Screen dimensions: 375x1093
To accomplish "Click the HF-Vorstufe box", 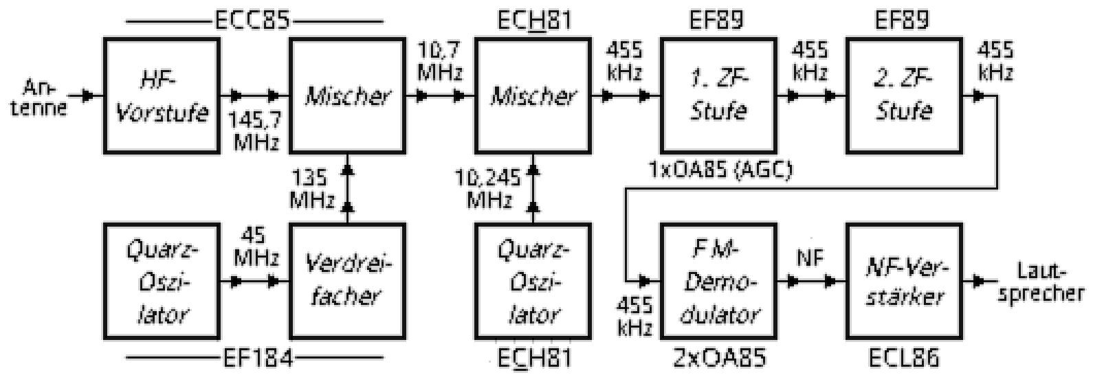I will pyautogui.click(x=162, y=95).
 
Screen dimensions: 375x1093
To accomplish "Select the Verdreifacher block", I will pyautogui.click(x=346, y=281).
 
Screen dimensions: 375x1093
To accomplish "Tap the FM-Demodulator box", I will pyautogui.click(x=718, y=281).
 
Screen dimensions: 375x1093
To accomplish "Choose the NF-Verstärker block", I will pyautogui.click(x=904, y=281).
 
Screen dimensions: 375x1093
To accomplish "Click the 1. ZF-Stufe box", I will pyautogui.click(x=718, y=95).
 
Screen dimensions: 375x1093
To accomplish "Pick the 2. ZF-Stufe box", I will pyautogui.click(x=904, y=95).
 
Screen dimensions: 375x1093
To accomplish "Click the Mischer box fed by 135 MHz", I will pyautogui.click(x=346, y=95).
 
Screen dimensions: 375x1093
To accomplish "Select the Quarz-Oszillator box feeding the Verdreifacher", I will pyautogui.click(x=162, y=281).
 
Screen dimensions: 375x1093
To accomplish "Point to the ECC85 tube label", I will pyautogui.click(x=252, y=21).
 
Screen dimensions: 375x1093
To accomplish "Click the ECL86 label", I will pyautogui.click(x=903, y=358).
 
